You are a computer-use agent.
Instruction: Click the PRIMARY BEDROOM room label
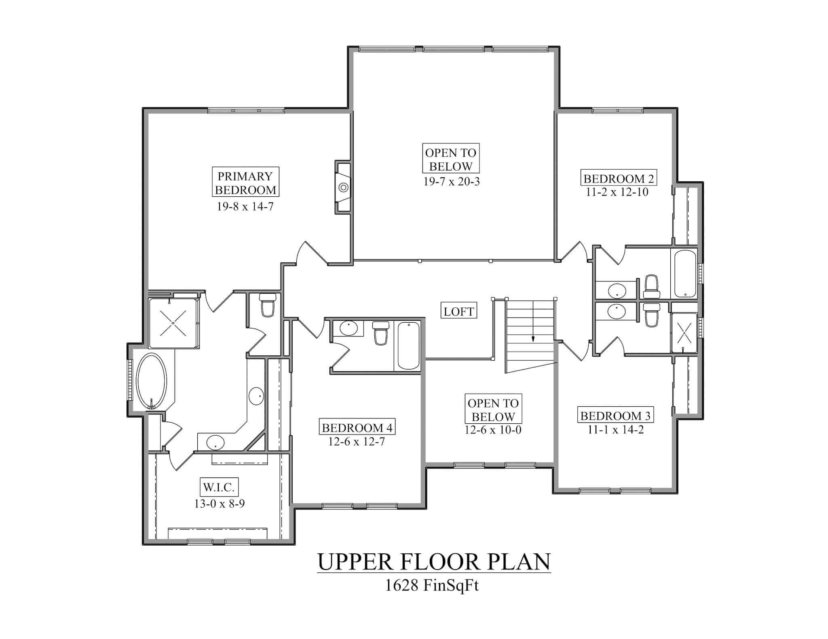click(245, 183)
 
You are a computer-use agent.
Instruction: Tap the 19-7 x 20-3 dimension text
click(451, 182)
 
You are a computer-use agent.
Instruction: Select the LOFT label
click(458, 311)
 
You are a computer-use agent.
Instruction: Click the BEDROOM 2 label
click(619, 179)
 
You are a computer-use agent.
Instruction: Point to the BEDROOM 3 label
click(616, 416)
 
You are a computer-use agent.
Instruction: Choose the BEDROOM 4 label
click(357, 427)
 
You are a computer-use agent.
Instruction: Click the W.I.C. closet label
click(219, 487)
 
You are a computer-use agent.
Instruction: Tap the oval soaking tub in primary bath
click(151, 382)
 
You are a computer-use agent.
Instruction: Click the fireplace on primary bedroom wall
click(343, 187)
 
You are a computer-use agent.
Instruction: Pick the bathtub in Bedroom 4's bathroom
click(408, 346)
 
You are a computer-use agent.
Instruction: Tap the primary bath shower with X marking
click(173, 323)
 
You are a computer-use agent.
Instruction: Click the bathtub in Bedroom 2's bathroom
click(684, 274)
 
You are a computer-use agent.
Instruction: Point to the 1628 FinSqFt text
click(431, 585)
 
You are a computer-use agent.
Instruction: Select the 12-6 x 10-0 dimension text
click(492, 430)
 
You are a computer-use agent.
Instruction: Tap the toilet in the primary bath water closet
click(267, 305)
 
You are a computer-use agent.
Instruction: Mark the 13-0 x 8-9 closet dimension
click(219, 504)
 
